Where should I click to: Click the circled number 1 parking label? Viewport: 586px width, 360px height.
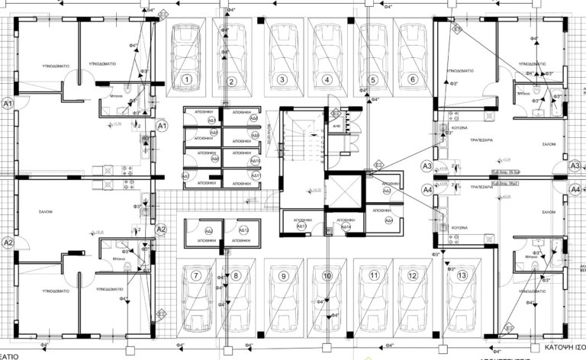coord(186,79)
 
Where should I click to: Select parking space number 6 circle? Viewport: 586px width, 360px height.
coord(413,79)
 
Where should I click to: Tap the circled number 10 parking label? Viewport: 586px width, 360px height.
coord(327,276)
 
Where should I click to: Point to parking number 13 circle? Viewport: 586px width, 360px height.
coord(462,276)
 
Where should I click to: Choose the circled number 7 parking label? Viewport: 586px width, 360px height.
coord(196,276)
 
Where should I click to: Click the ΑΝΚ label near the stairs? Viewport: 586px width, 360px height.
coord(336,127)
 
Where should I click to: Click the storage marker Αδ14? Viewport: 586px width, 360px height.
coord(346,227)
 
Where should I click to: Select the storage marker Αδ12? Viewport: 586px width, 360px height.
coord(244,231)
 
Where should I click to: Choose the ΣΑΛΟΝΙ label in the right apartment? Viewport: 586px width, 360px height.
coord(548,143)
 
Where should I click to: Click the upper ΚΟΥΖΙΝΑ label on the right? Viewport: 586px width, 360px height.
coord(459,128)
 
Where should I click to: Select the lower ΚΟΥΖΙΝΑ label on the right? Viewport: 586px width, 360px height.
coord(458,227)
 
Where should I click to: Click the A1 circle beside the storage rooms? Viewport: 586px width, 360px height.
coord(162,125)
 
